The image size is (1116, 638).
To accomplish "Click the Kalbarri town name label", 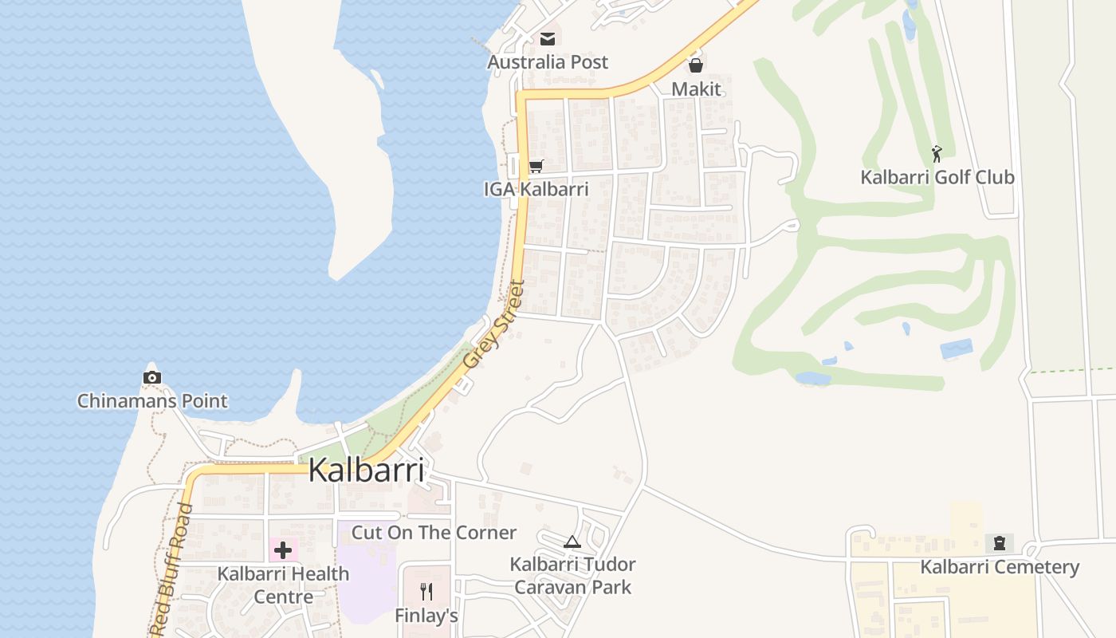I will coord(366,470).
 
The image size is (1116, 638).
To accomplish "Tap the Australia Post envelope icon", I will coord(548,38).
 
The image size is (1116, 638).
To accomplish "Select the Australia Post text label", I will coord(548,62).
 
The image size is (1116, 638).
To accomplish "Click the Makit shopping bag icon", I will coord(696,65).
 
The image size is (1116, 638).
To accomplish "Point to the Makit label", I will coord(696,89).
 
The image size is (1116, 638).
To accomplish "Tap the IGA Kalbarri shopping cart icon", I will coord(536,166).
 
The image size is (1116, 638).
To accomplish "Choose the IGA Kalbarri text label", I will coord(536,190).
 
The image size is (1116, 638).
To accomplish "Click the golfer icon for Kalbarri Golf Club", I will coord(937,152).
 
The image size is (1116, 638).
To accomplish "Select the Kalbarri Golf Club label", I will coord(937,177).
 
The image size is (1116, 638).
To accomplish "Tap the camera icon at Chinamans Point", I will coord(152,377).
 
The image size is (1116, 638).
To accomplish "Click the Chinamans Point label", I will coord(152,401).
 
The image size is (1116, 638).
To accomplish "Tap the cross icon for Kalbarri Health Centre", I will coord(283,549).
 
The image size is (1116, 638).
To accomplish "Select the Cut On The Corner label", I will coord(434,533).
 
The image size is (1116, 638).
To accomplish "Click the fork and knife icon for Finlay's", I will coord(426,591).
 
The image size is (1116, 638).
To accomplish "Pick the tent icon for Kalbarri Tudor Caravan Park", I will coord(572,542).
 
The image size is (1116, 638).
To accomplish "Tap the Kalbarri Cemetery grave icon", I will coord(999,543).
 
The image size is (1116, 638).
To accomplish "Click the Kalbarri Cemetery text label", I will coord(999,567).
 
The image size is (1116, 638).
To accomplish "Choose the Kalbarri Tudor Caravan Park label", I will coord(572,576).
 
